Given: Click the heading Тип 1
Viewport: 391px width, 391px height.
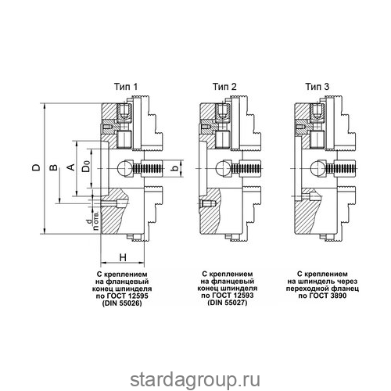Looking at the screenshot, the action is (126, 87).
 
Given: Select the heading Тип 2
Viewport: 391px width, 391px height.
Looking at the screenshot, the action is (224, 87).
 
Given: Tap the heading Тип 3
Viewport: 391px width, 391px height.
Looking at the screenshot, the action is (317, 87).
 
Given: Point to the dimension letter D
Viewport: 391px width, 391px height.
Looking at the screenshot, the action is (37, 167).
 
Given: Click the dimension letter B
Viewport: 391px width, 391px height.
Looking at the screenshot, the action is (53, 167).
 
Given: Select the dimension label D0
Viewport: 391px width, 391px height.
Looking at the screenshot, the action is (86, 166).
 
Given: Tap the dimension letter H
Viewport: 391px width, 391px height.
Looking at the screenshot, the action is (123, 257).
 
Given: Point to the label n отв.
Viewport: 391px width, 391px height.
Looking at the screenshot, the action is (96, 221).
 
